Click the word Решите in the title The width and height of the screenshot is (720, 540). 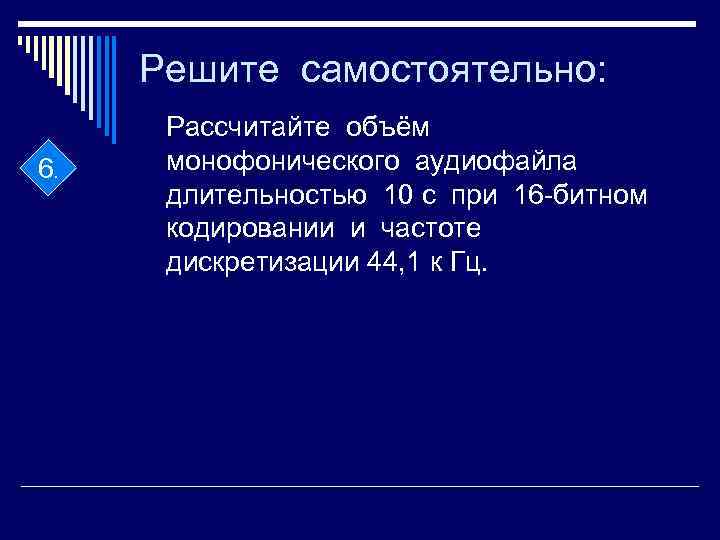[x=207, y=69]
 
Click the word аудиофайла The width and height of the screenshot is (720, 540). [x=490, y=161]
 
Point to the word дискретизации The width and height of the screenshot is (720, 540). [x=258, y=264]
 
